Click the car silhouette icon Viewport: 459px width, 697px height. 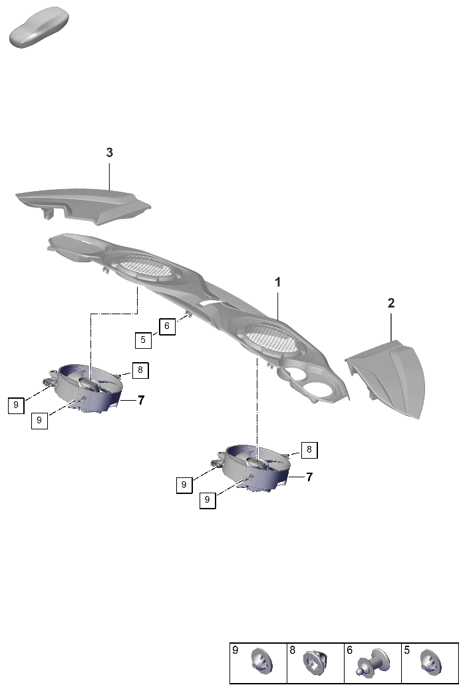point(39,27)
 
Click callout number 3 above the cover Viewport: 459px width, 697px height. point(109,152)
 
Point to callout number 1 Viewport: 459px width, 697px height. point(277,282)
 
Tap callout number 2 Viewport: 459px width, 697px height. point(391,303)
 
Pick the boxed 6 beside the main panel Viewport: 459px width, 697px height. point(167,326)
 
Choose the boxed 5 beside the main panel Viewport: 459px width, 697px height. point(143,340)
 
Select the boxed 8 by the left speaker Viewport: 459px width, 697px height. point(140,370)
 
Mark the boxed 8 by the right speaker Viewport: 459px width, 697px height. point(309,450)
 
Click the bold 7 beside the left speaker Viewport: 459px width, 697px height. point(141,401)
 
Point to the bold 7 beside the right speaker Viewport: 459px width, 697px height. point(309,477)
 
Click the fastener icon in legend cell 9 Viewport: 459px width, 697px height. point(262,662)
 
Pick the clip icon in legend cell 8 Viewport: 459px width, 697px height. point(317,662)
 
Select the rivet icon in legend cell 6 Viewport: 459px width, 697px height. point(373,662)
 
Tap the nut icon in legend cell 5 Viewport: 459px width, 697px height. point(430,662)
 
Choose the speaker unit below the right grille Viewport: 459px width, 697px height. point(253,467)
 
